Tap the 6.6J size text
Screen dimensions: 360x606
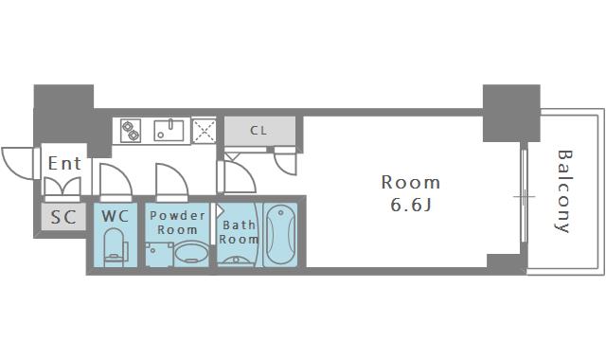[410, 204]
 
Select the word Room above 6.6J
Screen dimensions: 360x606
[410, 182]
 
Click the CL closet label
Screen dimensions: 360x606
[258, 131]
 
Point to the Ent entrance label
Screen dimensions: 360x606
[64, 163]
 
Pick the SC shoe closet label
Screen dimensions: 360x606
[62, 217]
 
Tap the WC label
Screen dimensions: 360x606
[115, 215]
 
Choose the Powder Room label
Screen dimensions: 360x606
[177, 222]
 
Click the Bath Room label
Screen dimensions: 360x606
[239, 232]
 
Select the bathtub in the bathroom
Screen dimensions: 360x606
[281, 234]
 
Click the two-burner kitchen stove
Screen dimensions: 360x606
[131, 131]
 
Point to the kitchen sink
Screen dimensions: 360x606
[169, 131]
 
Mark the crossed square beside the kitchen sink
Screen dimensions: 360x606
[205, 131]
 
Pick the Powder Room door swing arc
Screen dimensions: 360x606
[171, 179]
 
